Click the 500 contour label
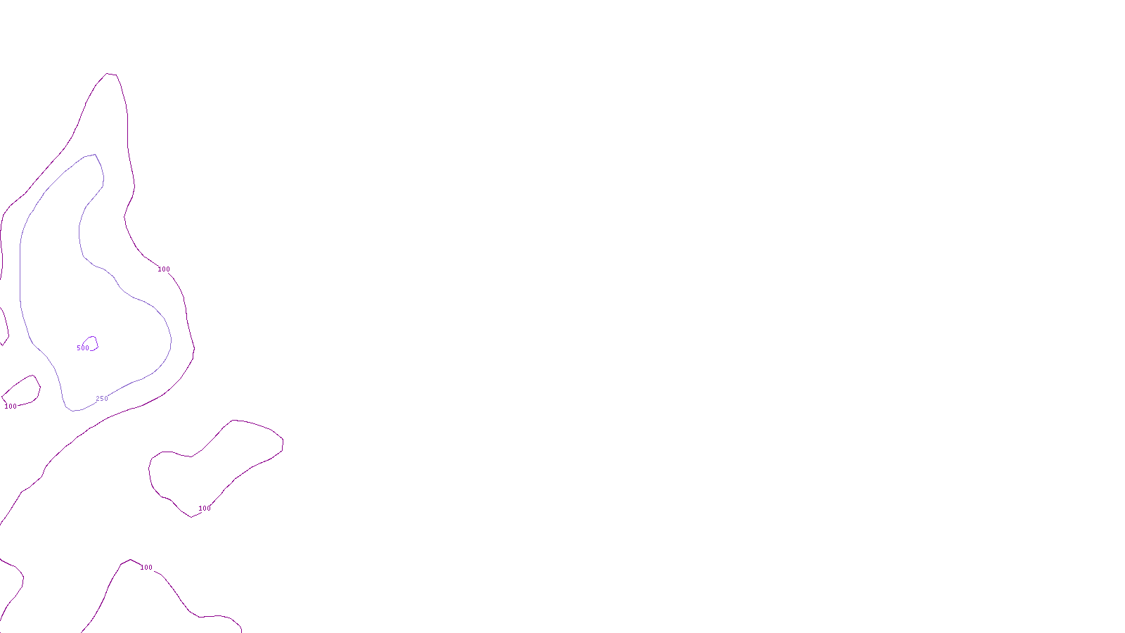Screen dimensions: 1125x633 coord(83,348)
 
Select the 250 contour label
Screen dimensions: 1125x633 coord(102,399)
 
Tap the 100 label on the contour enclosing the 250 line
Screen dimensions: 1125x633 coord(164,269)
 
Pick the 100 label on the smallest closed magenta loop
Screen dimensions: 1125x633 coord(11,407)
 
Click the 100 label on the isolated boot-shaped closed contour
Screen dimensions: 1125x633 coord(205,509)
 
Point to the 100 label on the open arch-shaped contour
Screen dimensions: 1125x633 coord(146,568)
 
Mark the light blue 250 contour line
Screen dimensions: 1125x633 coord(20,281)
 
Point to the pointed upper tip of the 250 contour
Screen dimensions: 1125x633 coord(94,155)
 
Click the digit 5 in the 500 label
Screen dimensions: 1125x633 coord(79,348)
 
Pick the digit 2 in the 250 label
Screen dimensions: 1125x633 coord(98,399)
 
